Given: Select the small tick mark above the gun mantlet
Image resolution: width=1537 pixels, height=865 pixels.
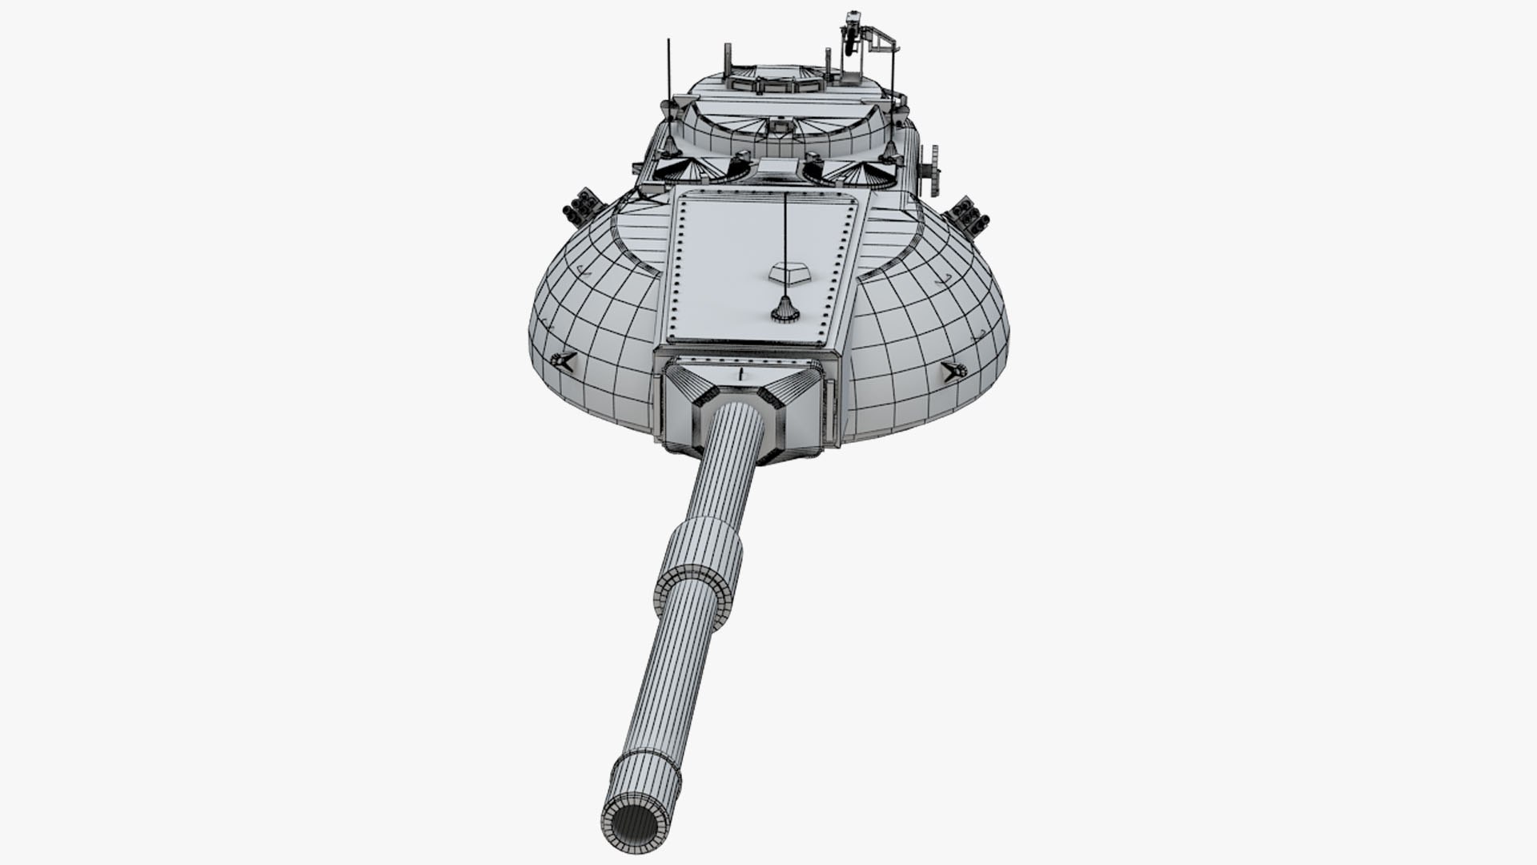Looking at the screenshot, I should coord(742,374).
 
